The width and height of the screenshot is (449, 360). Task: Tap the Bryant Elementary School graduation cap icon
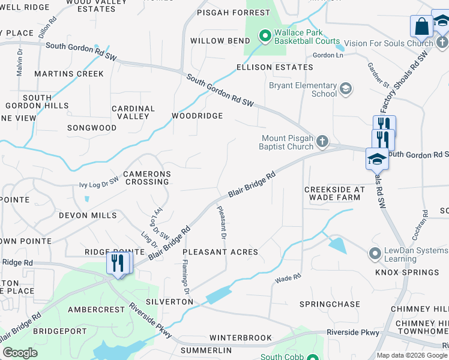click(x=345, y=89)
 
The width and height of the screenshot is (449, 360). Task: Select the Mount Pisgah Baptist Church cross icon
click(x=322, y=142)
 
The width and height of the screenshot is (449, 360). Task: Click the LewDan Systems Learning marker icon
click(x=375, y=253)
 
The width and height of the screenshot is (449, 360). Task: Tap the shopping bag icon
click(x=421, y=26)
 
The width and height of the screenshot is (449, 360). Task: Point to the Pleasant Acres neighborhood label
click(x=220, y=253)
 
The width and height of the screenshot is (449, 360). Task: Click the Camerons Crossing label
click(x=147, y=178)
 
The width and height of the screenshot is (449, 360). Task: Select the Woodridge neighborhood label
click(x=197, y=116)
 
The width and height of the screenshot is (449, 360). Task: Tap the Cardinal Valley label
click(x=133, y=112)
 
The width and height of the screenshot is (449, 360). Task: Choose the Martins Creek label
click(x=69, y=74)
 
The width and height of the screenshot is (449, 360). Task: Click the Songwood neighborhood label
click(x=92, y=128)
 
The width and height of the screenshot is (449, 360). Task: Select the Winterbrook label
click(x=241, y=338)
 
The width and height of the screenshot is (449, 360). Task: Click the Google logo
click(x=20, y=353)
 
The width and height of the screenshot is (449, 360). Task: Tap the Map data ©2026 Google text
click(x=412, y=355)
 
